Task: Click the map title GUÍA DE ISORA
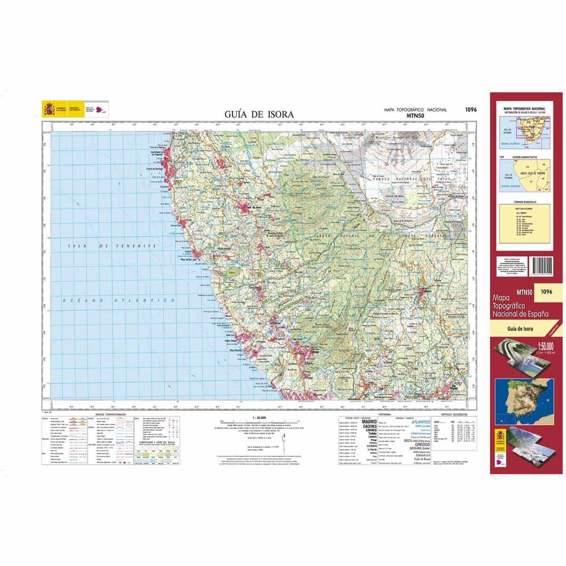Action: pyautogui.click(x=259, y=114)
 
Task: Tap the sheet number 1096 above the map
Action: pyautogui.click(x=470, y=109)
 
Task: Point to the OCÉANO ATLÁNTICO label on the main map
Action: pyautogui.click(x=121, y=300)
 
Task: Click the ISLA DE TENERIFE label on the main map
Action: pyautogui.click(x=112, y=246)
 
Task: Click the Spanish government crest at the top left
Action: pyautogui.click(x=49, y=109)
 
